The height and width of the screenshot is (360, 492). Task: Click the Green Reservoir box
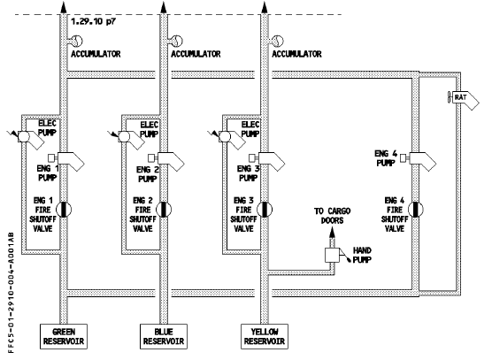tap(64, 336)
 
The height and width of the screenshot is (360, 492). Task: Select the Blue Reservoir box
tap(164, 336)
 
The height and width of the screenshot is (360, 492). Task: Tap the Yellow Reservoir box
tap(265, 336)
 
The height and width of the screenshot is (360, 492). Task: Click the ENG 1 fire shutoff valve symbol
tap(64, 210)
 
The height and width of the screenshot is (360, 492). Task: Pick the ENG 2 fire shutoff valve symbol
tap(164, 210)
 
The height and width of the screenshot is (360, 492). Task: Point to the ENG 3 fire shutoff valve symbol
tap(265, 210)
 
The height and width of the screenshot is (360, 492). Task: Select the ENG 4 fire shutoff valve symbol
tap(415, 210)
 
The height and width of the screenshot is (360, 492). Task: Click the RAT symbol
tap(463, 99)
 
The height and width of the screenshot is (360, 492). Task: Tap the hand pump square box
tap(332, 255)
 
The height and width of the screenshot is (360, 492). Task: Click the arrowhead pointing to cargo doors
tap(332, 233)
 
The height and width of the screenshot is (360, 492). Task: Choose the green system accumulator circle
tap(77, 41)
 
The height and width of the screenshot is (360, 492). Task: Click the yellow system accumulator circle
tap(278, 41)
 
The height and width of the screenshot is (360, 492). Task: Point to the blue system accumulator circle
tap(177, 41)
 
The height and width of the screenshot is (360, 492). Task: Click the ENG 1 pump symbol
tap(67, 161)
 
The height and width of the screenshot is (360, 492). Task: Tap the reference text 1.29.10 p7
tap(94, 22)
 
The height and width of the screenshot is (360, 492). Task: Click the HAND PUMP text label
tap(362, 255)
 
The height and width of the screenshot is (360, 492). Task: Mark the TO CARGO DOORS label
tap(333, 216)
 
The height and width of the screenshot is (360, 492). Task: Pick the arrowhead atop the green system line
tap(64, 7)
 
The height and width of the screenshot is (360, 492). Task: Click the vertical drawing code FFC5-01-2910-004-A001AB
tap(11, 293)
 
